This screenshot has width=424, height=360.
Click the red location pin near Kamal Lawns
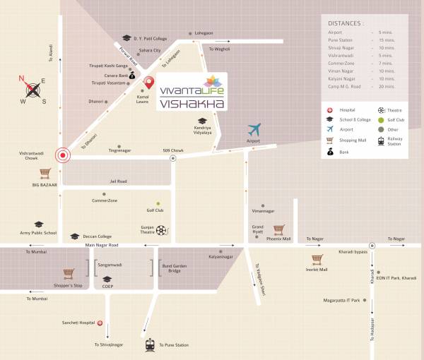click(149, 83)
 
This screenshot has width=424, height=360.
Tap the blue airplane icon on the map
click(254, 129)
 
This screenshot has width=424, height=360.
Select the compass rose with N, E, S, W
click(33, 89)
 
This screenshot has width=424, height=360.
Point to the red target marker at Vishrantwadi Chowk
click(64, 156)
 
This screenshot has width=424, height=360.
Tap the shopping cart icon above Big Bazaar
click(46, 173)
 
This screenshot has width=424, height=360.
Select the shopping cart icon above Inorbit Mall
click(317, 259)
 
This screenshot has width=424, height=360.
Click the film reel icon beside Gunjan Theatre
click(163, 229)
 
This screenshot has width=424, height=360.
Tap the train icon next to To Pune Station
click(150, 344)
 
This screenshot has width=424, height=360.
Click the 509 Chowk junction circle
click(172, 159)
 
